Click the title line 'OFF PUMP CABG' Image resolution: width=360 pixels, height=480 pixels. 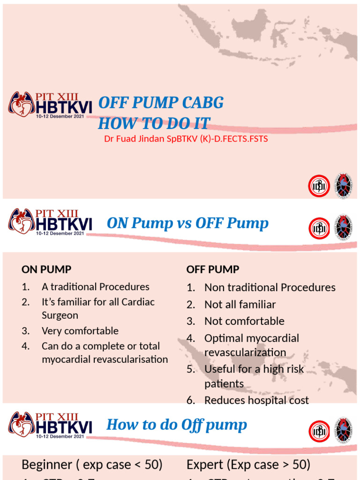pos(160,103)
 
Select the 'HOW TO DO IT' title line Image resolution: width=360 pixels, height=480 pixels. pos(154,123)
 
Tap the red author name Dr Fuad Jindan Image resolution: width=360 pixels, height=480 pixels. pos(186,139)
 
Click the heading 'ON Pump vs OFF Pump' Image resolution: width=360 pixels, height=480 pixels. pos(187,224)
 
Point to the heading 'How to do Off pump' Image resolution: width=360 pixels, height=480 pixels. pos(177,425)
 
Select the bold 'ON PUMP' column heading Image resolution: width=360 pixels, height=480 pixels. pos(46,270)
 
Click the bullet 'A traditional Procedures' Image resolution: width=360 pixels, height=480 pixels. pos(95,287)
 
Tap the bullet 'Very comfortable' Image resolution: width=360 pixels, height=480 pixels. pos(80,331)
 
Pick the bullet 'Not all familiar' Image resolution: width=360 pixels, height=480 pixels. pos(240,305)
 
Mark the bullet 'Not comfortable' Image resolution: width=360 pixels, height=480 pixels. pos(244,322)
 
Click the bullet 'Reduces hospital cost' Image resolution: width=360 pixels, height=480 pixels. pos(256,400)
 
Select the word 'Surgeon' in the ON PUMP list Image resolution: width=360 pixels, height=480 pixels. pos(60,315)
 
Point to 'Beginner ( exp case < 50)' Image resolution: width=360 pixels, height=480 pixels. pos(92,465)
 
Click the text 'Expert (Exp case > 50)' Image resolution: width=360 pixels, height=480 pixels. pos(248,465)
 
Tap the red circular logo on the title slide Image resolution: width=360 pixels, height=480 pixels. pos(319,186)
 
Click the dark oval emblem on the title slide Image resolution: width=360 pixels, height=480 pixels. pos(343,186)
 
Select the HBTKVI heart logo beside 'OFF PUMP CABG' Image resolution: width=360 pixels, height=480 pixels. pos(21,104)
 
